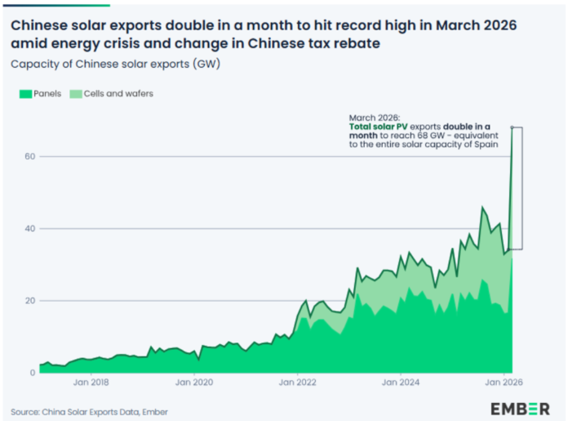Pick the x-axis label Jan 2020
coord(194,382)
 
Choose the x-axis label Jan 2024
coord(401,382)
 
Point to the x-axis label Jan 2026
coord(504,382)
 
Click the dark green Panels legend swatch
coord(25,94)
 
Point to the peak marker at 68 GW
coord(512,128)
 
